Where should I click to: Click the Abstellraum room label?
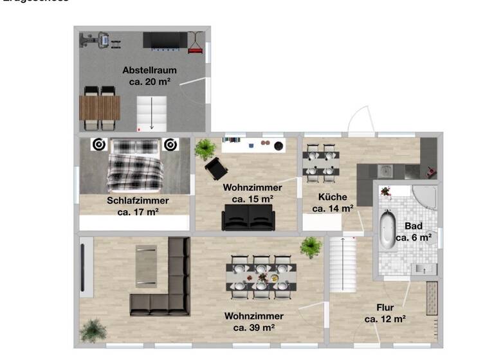pyautogui.click(x=149, y=70)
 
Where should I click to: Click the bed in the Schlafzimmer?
pyautogui.click(x=134, y=165)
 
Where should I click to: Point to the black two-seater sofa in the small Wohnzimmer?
pyautogui.click(x=248, y=217)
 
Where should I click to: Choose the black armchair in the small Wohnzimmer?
pyautogui.click(x=217, y=169)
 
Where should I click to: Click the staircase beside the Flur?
pyautogui.click(x=343, y=264)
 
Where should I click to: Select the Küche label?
pyautogui.click(x=333, y=197)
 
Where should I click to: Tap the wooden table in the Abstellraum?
pyautogui.click(x=100, y=107)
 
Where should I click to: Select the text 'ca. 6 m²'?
pyautogui.click(x=413, y=237)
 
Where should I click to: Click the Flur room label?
pyautogui.click(x=385, y=307)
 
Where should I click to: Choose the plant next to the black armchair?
pyautogui.click(x=205, y=149)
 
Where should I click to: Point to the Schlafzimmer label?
pyautogui.click(x=138, y=201)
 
